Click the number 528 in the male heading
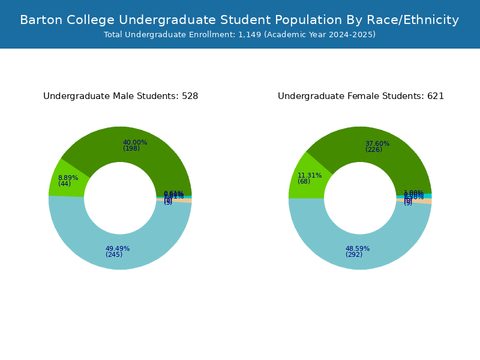pos(190,96)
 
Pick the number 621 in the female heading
pos(436,96)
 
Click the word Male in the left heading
pos(124,96)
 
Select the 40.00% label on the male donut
pos(135,143)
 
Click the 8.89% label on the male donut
pos(68,178)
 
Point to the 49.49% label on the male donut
pos(118,248)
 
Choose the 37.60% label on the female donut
pos(377,143)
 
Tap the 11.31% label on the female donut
pos(310,175)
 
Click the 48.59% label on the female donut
pos(358,248)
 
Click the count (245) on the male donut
pos(114,254)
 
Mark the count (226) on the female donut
pos(374,149)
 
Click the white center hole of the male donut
pos(120,198)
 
